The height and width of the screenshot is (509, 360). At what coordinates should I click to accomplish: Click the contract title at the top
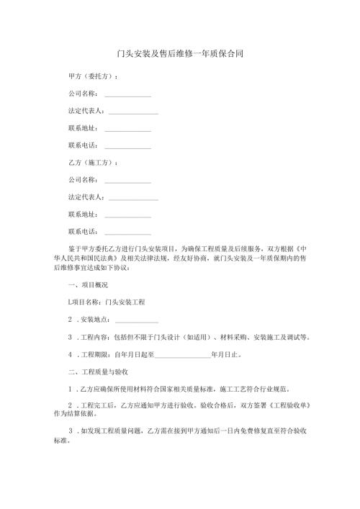pyautogui.click(x=179, y=53)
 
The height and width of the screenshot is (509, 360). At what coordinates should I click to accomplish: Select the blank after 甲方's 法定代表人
pyautogui.click(x=132, y=114)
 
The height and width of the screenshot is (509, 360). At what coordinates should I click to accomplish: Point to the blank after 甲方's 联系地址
pyautogui.click(x=127, y=130)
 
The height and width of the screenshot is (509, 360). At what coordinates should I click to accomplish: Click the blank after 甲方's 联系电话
pyautogui.click(x=127, y=148)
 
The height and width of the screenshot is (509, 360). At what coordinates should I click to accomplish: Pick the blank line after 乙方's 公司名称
pyautogui.click(x=127, y=181)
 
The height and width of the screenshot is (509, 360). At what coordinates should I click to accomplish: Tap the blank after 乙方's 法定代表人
pyautogui.click(x=132, y=199)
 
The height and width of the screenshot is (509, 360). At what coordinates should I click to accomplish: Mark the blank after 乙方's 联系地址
pyautogui.click(x=127, y=215)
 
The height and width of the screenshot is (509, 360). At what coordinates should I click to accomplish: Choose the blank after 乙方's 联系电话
pyautogui.click(x=127, y=233)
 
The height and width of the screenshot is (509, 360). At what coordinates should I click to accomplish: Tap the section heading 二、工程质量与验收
pyautogui.click(x=98, y=372)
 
